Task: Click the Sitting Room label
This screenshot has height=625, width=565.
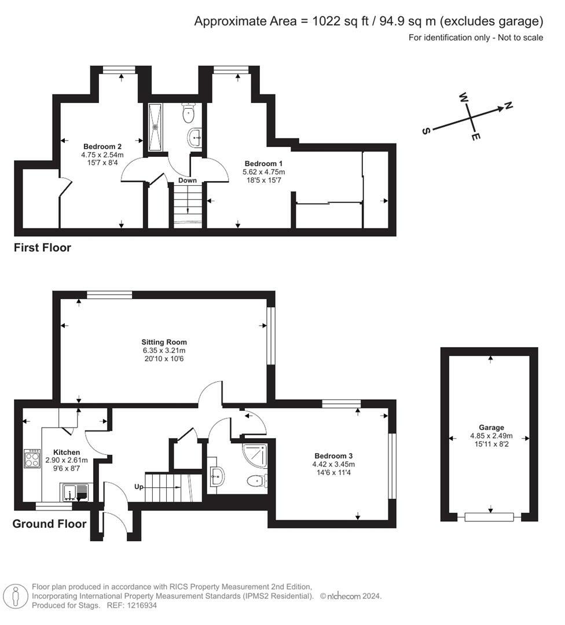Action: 164,342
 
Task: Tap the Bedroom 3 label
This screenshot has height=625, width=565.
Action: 334,455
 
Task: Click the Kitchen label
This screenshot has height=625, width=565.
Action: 67,452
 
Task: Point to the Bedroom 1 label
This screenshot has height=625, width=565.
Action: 264,163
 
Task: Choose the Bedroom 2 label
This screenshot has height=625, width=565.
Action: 102,146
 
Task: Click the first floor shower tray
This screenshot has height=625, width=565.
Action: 156,127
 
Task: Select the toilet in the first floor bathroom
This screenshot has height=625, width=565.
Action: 189,113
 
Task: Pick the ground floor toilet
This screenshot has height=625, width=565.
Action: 255,480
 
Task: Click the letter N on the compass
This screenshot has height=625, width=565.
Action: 508,105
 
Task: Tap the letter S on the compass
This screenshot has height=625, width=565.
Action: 427,131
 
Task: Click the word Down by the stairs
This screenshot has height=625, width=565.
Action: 188,181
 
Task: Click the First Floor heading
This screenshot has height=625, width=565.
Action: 42,248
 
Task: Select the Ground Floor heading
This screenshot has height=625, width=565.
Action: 49,524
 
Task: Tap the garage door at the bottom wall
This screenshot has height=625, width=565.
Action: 489,517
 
